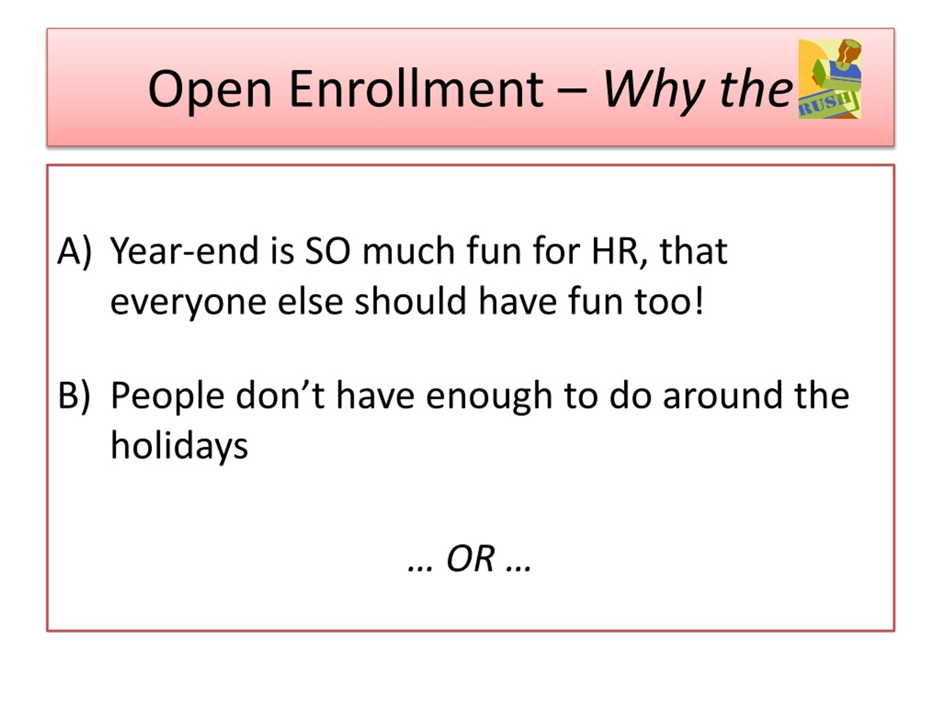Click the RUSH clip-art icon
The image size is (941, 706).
(x=830, y=79)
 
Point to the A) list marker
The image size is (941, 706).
(x=75, y=252)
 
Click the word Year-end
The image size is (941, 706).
(x=185, y=251)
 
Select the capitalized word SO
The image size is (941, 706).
(x=328, y=251)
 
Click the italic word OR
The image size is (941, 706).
(x=470, y=558)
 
